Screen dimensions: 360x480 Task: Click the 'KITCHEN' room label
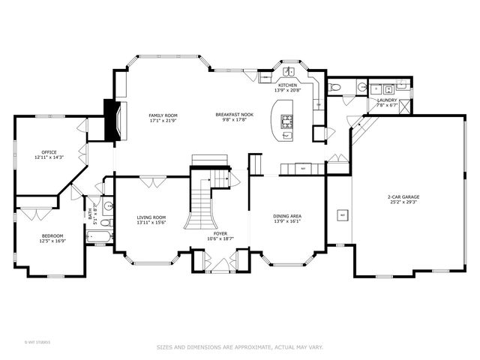(x=288, y=85)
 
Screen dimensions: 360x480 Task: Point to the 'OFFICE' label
(x=49, y=152)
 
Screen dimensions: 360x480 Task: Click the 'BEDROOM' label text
(x=52, y=236)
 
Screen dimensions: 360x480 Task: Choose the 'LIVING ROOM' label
(x=151, y=217)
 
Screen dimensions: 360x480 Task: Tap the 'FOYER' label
(x=220, y=234)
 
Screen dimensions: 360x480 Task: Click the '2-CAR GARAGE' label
(x=403, y=196)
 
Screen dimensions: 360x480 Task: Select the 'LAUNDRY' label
(x=386, y=100)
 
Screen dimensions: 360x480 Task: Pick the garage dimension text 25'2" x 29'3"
(x=403, y=202)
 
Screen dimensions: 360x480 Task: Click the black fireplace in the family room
(x=112, y=121)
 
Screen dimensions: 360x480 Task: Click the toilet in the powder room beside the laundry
(x=335, y=88)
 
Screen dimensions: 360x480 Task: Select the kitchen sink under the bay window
(x=289, y=73)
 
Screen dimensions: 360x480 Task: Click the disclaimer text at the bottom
(x=240, y=346)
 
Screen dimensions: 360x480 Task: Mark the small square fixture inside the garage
(x=343, y=216)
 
